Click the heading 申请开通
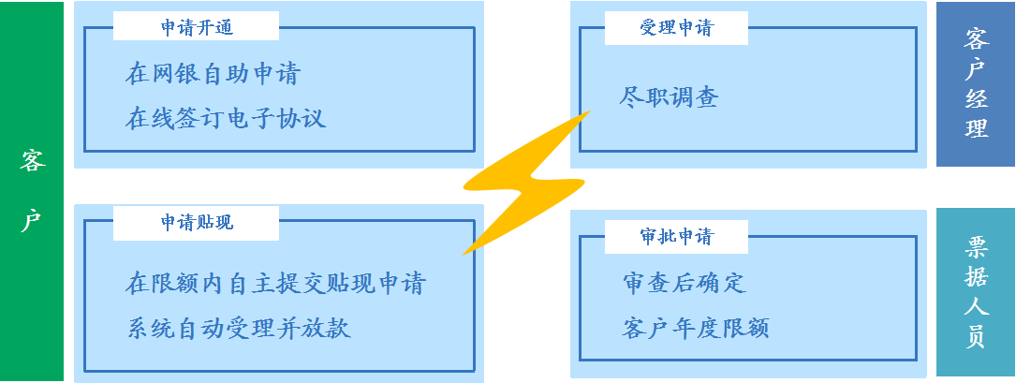(x=197, y=28)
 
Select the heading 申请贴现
(x=197, y=223)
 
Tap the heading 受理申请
(x=676, y=28)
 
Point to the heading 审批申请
(x=676, y=237)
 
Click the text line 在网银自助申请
(x=213, y=74)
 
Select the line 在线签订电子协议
(x=226, y=118)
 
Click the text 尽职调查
(x=669, y=96)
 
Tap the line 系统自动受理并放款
(x=239, y=328)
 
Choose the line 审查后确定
(x=684, y=283)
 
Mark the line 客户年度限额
(x=695, y=328)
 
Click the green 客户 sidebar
(x=32, y=191)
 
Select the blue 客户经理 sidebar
(x=976, y=84)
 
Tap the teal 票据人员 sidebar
(x=976, y=292)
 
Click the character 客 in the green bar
(x=32, y=161)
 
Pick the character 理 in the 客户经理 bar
(x=976, y=128)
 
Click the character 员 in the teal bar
(x=976, y=337)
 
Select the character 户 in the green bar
(x=32, y=222)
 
